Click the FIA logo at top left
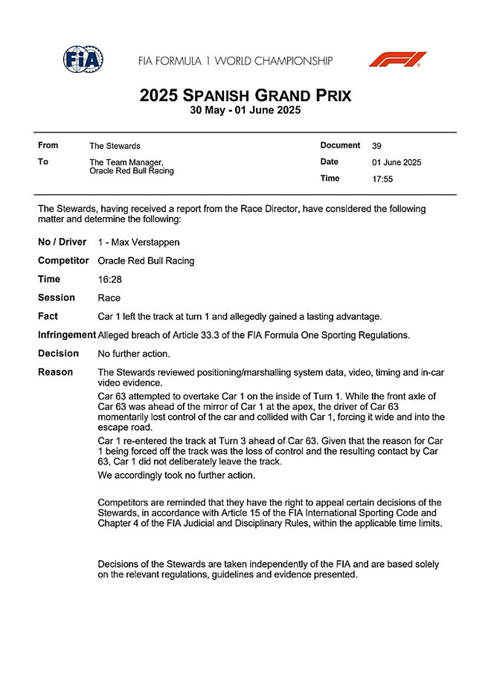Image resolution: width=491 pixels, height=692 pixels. click(83, 60)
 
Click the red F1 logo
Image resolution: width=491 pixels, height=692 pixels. click(398, 60)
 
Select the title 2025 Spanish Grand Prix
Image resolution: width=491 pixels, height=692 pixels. click(245, 96)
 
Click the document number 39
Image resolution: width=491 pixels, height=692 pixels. click(376, 146)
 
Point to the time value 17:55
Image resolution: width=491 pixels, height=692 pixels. click(382, 179)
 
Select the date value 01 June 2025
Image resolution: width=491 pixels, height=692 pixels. click(397, 162)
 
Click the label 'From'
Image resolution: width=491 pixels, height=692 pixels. click(48, 146)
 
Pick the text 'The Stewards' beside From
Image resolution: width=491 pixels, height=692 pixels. click(115, 147)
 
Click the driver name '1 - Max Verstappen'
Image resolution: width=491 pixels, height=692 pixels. click(138, 243)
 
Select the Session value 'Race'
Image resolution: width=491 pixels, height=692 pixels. click(109, 298)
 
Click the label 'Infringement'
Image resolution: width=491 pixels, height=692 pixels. click(67, 336)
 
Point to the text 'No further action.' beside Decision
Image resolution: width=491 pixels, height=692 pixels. click(134, 354)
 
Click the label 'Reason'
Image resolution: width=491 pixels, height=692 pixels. click(56, 372)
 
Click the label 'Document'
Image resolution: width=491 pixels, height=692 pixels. click(340, 146)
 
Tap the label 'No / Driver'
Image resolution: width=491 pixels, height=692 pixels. click(62, 243)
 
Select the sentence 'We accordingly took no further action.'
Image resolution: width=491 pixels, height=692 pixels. click(176, 475)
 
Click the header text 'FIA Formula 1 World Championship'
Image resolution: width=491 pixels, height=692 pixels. click(235, 61)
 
